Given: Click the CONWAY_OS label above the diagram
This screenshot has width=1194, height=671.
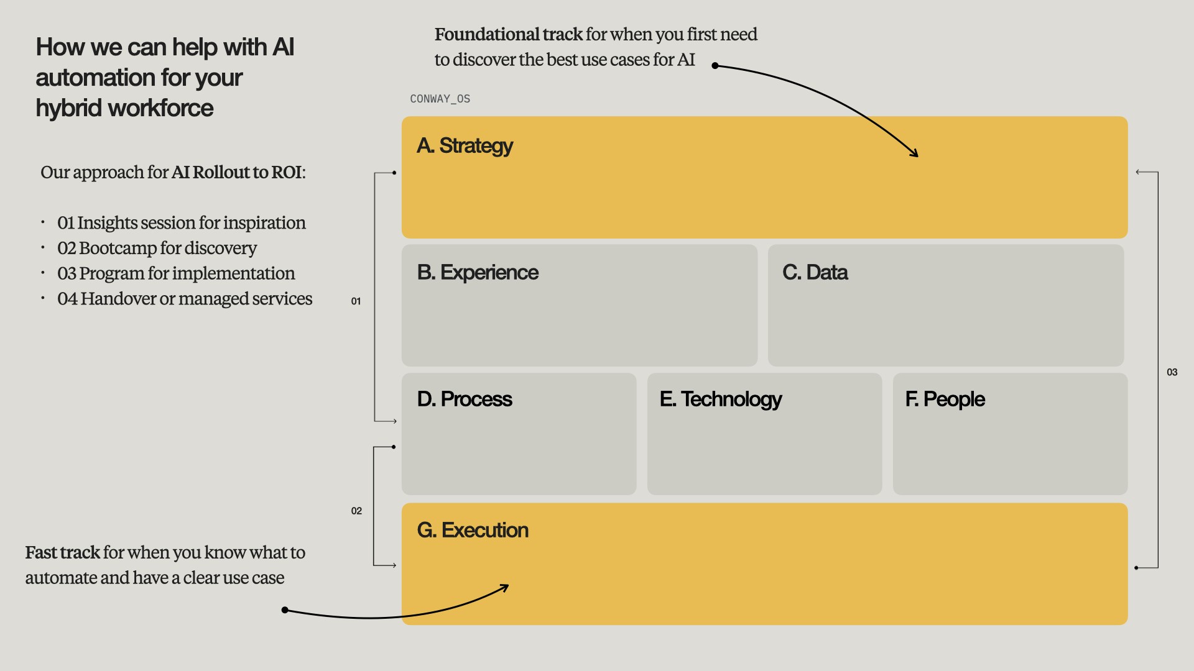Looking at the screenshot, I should coord(440,99).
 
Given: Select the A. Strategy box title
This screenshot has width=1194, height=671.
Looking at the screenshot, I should coord(465,146).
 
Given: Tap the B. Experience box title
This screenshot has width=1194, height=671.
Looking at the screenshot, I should coord(478,273).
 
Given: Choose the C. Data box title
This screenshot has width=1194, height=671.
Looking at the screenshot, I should coord(815,273).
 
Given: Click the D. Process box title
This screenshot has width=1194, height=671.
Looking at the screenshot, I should coord(465,399).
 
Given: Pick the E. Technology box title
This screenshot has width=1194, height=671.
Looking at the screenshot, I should coord(720,399).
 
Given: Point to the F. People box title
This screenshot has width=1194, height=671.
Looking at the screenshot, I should coord(945,399).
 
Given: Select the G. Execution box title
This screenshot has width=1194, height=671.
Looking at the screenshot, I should coord(473,531).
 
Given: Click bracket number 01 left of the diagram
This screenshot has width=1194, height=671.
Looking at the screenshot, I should coord(356,301).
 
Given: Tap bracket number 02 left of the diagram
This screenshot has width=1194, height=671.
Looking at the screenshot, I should coord(356,511).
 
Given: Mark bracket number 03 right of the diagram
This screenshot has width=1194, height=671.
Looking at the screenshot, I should coord(1172,373).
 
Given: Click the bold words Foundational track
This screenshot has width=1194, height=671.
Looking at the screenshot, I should coord(508,35).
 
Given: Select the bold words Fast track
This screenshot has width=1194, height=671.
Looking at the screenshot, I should coord(62,553).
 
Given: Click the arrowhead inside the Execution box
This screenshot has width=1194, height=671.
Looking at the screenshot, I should coord(506,587).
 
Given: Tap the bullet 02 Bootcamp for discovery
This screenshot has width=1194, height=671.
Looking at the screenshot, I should coord(157,249).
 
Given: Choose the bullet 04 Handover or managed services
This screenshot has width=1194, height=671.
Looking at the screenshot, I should coord(184,299).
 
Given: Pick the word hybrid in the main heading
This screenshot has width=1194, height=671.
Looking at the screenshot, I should coord(68,109).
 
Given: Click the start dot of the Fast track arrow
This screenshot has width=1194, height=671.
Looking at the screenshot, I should coord(285,610).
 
